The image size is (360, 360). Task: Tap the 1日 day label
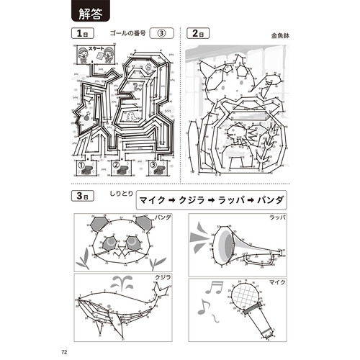click(x=78, y=34)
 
